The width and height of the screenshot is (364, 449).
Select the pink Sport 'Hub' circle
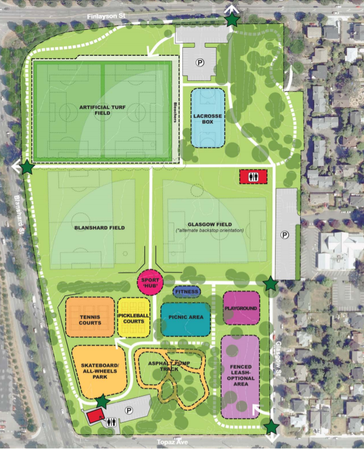click(x=150, y=282)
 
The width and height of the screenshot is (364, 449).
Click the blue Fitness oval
click(x=187, y=292)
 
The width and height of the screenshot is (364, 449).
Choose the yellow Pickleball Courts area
click(x=133, y=318)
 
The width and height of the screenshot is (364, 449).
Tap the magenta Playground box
click(x=241, y=308)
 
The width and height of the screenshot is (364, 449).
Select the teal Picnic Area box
click(x=185, y=317)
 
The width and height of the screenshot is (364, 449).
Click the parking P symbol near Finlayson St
click(x=199, y=63)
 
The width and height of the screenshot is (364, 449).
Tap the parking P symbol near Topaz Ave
click(x=129, y=410)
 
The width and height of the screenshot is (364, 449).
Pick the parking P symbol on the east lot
click(x=285, y=234)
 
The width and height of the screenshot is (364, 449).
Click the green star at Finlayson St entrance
click(x=232, y=20)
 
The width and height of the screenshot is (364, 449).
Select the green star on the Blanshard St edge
click(x=27, y=168)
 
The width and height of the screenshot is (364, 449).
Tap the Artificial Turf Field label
click(x=102, y=110)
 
